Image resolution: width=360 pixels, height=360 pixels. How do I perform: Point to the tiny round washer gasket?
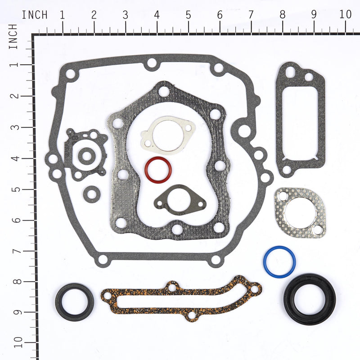coord(92,194)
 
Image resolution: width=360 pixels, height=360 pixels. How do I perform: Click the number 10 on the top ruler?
coord(345,14)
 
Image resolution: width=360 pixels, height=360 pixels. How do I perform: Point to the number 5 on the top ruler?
coord(188,14)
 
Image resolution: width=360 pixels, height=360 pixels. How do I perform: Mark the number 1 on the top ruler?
coord(62,14)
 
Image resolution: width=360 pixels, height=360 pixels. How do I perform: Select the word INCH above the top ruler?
coord(35,14)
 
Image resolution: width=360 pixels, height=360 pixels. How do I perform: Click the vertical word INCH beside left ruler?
coord(13,37)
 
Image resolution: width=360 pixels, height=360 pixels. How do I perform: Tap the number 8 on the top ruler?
coord(282,14)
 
